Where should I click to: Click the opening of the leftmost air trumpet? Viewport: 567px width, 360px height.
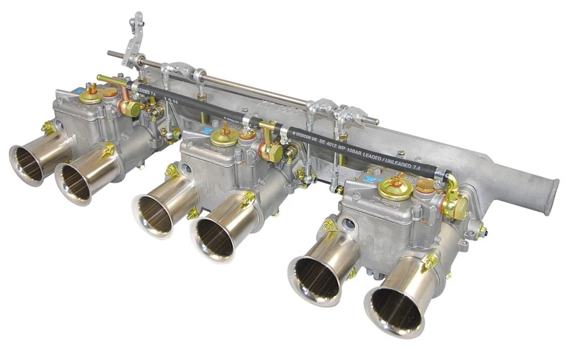[x=27, y=163]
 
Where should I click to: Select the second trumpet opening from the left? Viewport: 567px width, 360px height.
[x=73, y=182]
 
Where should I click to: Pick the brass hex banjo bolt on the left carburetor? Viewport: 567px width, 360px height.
[x=129, y=108]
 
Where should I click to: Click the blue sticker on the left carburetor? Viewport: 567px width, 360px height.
[x=78, y=92]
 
